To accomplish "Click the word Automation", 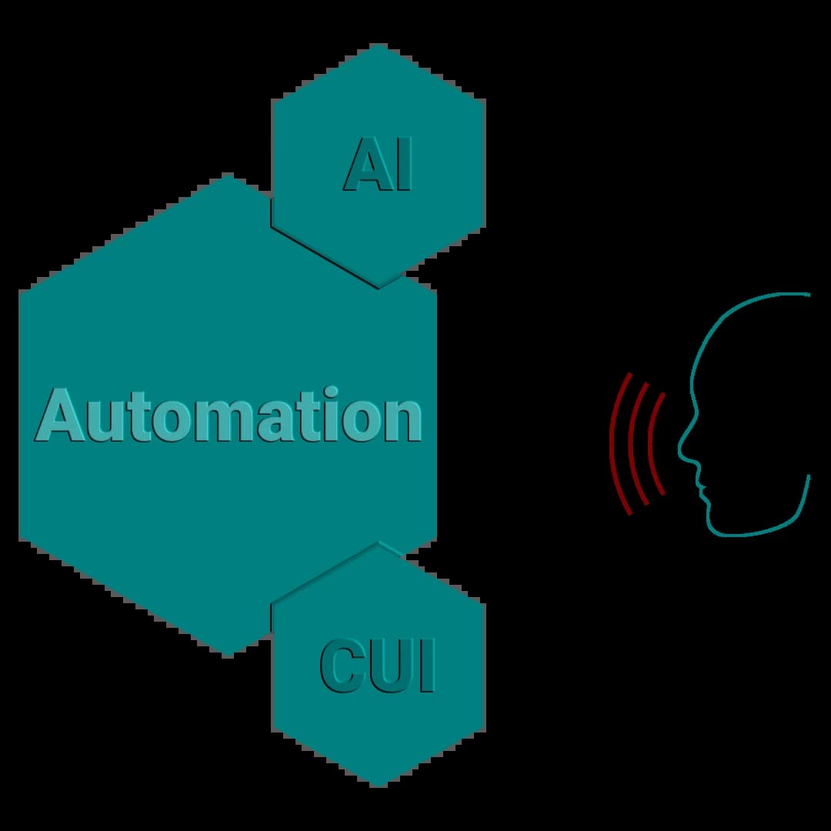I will [229, 415].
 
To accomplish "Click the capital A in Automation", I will [60, 415].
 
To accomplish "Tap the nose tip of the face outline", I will [679, 447].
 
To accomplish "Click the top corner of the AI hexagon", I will [378, 44].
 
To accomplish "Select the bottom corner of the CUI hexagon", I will [378, 786].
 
